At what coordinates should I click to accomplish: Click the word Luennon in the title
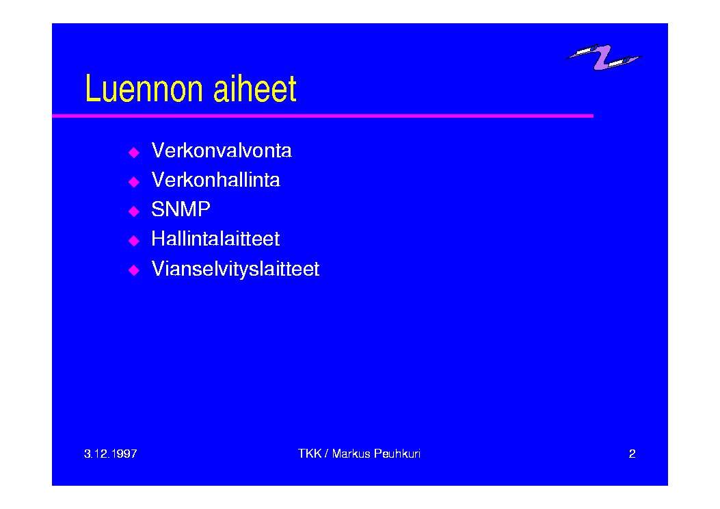point(144,88)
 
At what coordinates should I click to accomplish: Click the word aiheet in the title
point(255,88)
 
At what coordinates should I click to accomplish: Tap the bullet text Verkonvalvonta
point(222,151)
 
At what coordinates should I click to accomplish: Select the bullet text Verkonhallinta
point(215,180)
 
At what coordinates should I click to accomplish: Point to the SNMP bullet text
point(181,209)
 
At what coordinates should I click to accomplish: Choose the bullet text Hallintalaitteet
point(215,239)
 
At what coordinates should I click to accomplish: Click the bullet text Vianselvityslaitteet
point(235,269)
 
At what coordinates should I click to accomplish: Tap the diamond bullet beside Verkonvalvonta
point(134,153)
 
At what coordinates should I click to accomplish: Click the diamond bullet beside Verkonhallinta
point(134,182)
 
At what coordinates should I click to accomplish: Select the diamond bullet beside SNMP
point(134,211)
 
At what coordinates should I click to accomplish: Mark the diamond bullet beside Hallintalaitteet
point(134,241)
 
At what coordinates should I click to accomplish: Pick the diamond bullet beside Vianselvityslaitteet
point(134,270)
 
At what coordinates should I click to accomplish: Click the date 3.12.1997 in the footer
point(111,454)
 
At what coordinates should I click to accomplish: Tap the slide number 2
point(632,454)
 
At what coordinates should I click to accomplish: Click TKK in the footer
point(310,454)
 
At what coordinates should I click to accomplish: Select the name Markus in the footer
point(351,454)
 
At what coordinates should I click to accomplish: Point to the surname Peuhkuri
point(397,454)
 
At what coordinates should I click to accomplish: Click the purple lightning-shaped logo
point(604,57)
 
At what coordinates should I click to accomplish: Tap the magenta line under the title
point(323,116)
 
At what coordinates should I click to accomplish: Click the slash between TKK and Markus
point(326,454)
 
